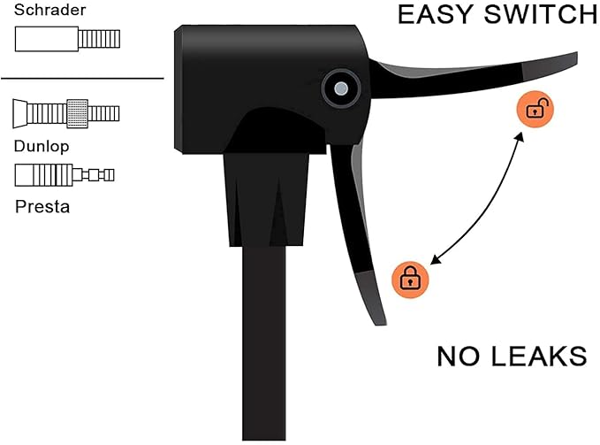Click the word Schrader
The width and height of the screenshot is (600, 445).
point(49,10)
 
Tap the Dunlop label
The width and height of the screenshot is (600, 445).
point(42,146)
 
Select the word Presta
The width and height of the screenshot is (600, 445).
point(42,207)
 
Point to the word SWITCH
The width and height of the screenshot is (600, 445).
point(540,14)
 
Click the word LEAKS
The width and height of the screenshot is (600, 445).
point(539,357)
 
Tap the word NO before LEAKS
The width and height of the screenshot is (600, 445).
point(458,357)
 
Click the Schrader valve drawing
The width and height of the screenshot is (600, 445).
point(67,39)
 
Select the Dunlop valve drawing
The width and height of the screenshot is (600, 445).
point(66,113)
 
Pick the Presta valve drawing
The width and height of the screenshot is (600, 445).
point(65,175)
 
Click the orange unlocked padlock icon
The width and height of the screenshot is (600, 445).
point(535,109)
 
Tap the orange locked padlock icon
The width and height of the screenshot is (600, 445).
point(410,280)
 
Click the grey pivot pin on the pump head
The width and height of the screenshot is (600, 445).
point(341,88)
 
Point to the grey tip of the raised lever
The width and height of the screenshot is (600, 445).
point(551,65)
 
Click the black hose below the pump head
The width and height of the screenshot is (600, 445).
point(263,342)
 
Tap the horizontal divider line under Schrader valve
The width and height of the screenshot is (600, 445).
point(82,79)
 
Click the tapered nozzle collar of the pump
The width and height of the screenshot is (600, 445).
point(266,200)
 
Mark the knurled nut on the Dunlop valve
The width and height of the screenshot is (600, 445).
point(77,113)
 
